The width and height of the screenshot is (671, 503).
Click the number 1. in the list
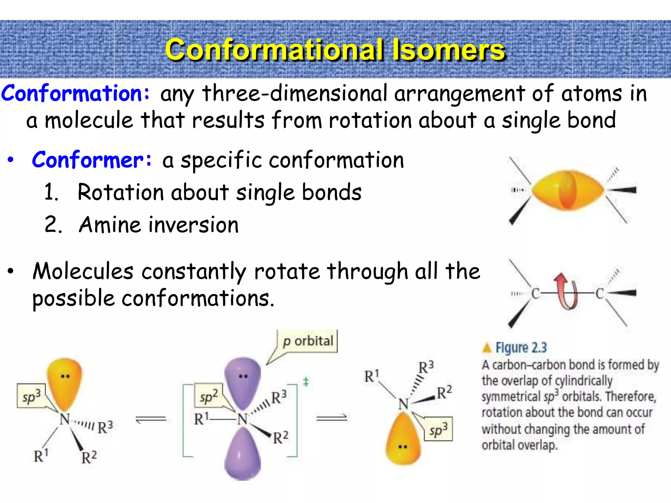coord(51,192)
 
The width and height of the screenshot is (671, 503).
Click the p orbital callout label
coord(308,341)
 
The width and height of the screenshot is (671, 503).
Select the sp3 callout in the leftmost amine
coord(31,396)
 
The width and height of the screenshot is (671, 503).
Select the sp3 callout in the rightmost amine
coord(438,429)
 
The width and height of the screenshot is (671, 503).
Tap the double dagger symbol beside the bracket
coord(306,382)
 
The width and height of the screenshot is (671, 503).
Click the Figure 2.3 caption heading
coord(521,347)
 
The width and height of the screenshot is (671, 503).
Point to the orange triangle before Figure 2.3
coord(487,348)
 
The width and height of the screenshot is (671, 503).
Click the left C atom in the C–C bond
coord(535,293)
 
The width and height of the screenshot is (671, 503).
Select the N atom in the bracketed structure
coord(242,419)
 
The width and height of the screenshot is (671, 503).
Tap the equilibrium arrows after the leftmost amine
coord(151,419)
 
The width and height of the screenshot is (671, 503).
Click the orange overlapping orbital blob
coord(567,190)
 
